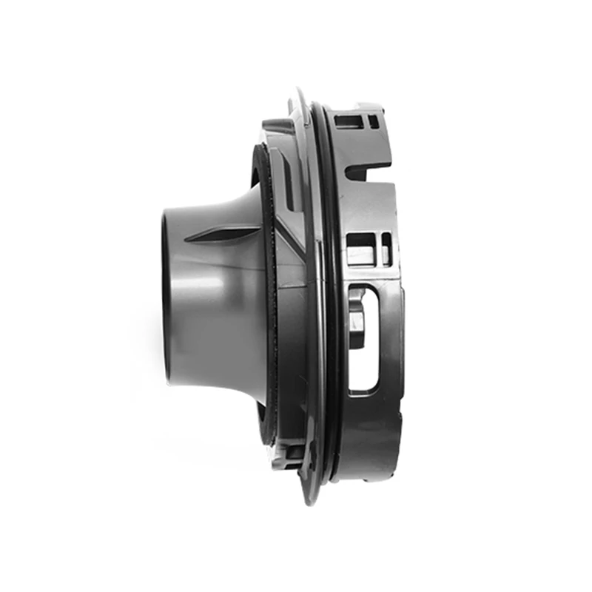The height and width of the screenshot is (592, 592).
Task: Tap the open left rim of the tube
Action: pyautogui.click(x=166, y=296)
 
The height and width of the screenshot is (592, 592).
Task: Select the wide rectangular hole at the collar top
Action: pyautogui.click(x=349, y=121)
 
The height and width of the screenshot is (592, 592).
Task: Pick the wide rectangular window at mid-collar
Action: pyautogui.click(x=360, y=249)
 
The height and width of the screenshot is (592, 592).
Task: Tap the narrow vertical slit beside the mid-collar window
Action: pyautogui.click(x=386, y=248)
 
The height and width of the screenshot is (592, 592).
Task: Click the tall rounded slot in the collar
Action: pyautogui.click(x=364, y=337)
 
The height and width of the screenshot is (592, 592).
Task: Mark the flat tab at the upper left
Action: pyautogui.click(x=277, y=126)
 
